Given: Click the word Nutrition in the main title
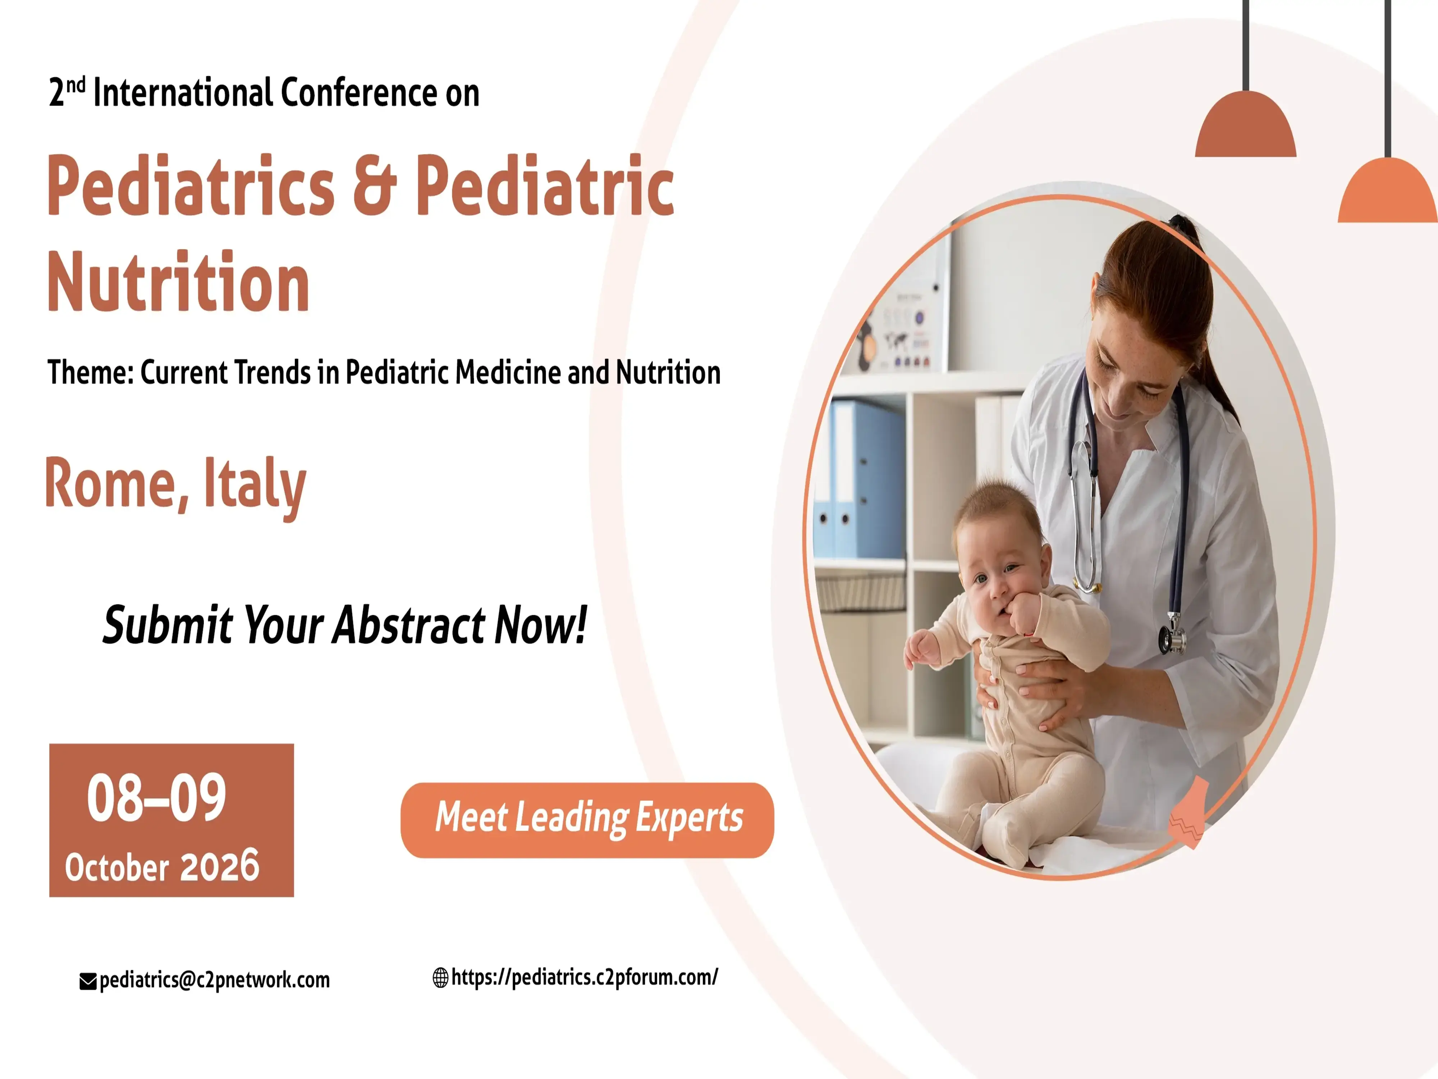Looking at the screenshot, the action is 178,282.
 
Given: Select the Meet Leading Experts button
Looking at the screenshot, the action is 587,820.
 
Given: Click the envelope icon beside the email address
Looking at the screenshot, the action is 88,982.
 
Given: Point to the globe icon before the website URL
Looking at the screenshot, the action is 441,978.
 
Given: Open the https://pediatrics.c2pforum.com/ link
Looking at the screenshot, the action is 585,977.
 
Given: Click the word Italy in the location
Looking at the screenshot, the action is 255,487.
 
